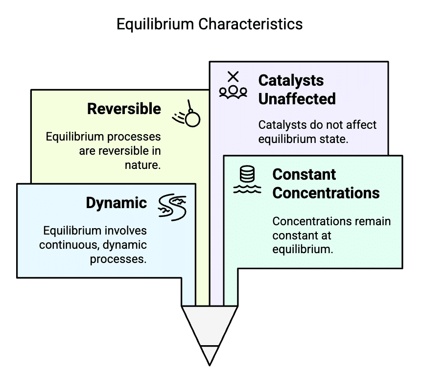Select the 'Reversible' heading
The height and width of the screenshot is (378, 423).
124,109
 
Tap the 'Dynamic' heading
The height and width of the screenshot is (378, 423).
117,203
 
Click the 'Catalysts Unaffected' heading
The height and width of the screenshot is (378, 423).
297,90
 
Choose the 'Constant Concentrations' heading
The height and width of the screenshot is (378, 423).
326,184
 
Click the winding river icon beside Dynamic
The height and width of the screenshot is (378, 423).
172,206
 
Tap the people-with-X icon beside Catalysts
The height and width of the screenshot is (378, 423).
233,86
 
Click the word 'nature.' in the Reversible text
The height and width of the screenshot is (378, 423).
142,165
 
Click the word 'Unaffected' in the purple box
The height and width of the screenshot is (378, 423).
297,99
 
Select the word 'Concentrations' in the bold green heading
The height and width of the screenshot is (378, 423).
326,193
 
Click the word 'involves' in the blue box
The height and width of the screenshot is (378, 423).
127,230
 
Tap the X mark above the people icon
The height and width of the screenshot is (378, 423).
234,76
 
